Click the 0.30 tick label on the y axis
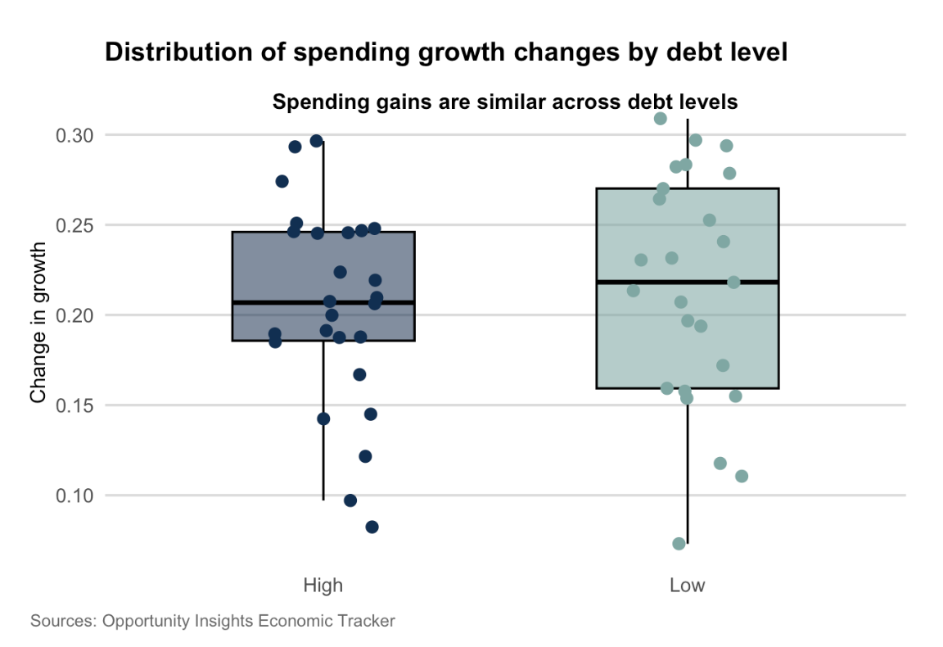pyautogui.click(x=74, y=135)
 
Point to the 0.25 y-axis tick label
pyautogui.click(x=74, y=226)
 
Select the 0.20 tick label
pyautogui.click(x=74, y=315)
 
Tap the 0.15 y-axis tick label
pyautogui.click(x=74, y=405)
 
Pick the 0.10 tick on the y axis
pyautogui.click(x=74, y=496)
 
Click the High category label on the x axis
pyautogui.click(x=323, y=585)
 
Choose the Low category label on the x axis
pyautogui.click(x=688, y=585)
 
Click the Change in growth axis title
pyautogui.click(x=38, y=322)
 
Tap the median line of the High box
pyautogui.click(x=323, y=302)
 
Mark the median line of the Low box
pyautogui.click(x=688, y=282)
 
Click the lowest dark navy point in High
pyautogui.click(x=372, y=527)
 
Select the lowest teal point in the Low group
pyautogui.click(x=679, y=544)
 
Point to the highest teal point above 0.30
pyautogui.click(x=661, y=119)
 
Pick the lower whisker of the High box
pyautogui.click(x=323, y=421)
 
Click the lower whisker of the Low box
pyautogui.click(x=688, y=467)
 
